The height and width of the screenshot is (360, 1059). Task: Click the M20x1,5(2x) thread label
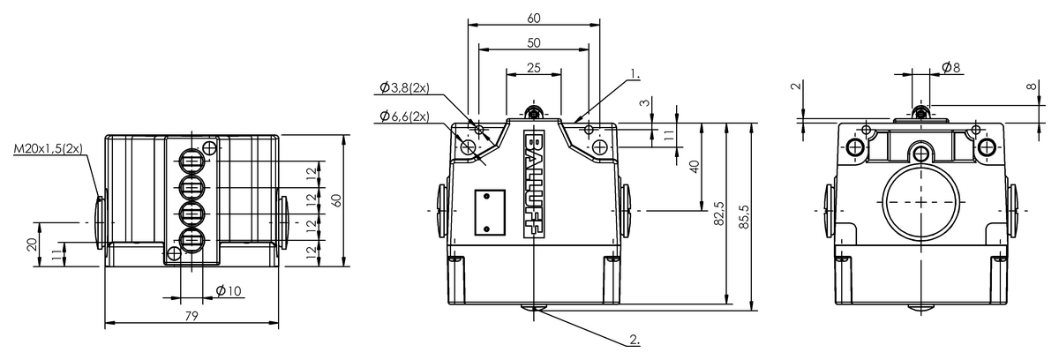48,148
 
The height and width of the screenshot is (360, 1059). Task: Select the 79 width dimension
192,316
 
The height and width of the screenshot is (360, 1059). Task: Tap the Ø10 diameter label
229,290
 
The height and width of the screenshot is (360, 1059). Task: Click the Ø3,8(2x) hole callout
404,87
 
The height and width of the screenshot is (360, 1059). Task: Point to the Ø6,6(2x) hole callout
404,116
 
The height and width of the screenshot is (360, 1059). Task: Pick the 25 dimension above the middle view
534,68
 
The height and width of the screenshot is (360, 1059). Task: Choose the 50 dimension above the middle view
534,43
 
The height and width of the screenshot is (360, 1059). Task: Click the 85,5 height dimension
744,217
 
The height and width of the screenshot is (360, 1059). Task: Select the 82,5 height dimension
718,214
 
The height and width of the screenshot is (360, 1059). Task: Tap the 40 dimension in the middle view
694,167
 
